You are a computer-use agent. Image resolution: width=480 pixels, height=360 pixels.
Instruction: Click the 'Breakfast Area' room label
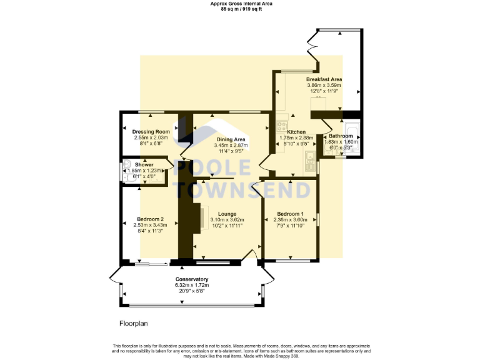point(324,80)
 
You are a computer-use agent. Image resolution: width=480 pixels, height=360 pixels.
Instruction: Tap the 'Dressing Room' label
point(151,132)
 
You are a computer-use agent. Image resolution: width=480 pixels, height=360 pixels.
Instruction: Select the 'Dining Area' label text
point(231,139)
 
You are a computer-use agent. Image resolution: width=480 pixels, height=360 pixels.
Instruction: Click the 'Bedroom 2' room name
point(150,219)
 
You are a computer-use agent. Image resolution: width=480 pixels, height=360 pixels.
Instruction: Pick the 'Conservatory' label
point(191,279)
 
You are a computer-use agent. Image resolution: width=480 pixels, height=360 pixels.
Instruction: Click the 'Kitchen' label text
point(296,132)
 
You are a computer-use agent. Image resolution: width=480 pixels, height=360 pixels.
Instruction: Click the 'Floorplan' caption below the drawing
point(133,324)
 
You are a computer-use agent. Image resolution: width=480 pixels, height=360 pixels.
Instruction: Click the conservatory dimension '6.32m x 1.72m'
point(191,285)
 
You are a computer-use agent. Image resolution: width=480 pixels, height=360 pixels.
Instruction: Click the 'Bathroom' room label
point(341,136)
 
